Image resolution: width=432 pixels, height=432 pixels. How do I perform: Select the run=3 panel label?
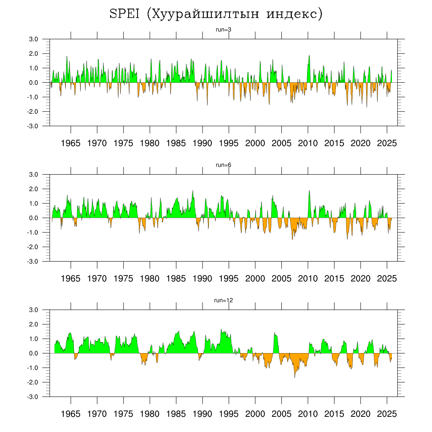coord(223,30)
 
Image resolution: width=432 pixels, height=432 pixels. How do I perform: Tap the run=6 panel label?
coord(223,165)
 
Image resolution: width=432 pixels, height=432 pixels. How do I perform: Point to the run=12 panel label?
coord(223,300)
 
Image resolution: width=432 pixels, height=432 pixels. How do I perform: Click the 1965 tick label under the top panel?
coord(70,143)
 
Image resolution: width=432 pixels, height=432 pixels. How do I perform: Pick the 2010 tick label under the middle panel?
coord(308,278)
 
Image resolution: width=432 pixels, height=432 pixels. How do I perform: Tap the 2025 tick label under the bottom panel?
coord(387,414)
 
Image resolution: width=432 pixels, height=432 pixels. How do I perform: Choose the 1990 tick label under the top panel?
coord(202,143)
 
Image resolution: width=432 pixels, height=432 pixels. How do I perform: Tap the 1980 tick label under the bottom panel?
coord(150,414)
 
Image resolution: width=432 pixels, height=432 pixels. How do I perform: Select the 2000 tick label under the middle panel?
coord(255,278)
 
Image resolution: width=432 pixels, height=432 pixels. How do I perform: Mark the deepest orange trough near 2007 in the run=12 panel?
coord(294,376)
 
